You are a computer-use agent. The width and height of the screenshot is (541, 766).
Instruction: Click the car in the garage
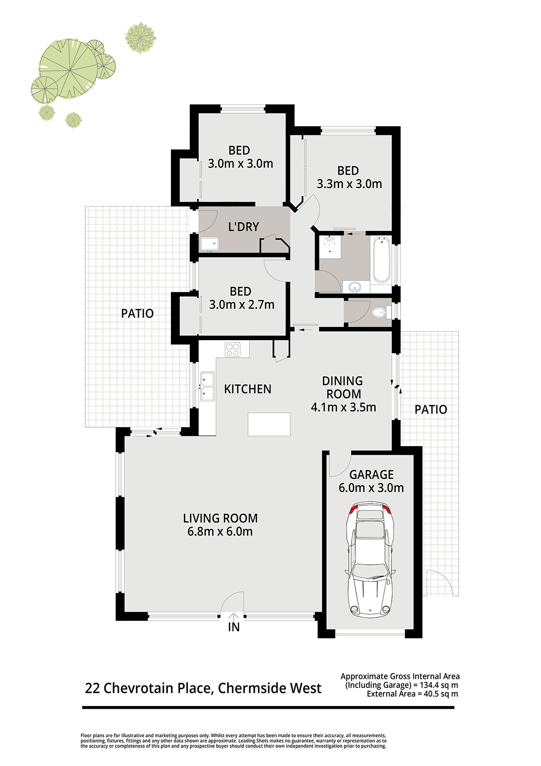(371, 559)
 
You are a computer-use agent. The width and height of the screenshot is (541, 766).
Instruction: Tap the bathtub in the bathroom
(381, 260)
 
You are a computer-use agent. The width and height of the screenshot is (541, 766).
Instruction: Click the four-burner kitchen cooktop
(232, 350)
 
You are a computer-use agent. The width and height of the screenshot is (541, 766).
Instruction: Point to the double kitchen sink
(207, 387)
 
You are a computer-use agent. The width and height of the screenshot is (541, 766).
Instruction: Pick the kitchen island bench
(269, 425)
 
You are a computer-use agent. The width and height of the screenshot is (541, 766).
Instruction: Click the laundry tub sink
(210, 244)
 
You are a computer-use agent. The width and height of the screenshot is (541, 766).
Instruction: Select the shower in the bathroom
(330, 245)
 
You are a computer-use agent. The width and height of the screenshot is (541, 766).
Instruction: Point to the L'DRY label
(243, 227)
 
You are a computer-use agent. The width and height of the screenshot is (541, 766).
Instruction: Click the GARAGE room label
(371, 475)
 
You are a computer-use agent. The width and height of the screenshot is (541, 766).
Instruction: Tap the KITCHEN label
(248, 389)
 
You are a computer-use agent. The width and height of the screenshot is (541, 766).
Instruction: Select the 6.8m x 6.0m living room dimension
(220, 532)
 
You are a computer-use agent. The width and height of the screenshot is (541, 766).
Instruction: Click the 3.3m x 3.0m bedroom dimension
(349, 184)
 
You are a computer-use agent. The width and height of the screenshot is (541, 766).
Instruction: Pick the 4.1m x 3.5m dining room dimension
(344, 407)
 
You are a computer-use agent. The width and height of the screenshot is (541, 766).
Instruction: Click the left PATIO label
(138, 314)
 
